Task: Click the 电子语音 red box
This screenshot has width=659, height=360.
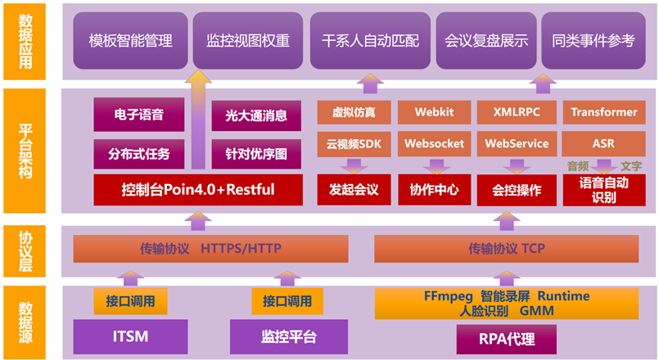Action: tap(138, 115)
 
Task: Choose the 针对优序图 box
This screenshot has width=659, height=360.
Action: tap(250, 153)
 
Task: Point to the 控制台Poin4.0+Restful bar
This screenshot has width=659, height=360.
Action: tap(197, 190)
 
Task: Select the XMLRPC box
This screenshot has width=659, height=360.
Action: tap(517, 112)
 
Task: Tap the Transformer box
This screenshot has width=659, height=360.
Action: tap(603, 112)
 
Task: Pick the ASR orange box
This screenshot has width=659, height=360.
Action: tap(603, 143)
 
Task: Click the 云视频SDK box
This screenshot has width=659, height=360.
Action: tap(354, 143)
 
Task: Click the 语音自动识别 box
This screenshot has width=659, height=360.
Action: tap(603, 190)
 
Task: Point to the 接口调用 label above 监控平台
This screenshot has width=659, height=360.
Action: tap(287, 301)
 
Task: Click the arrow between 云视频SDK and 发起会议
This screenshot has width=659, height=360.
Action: tap(354, 166)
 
